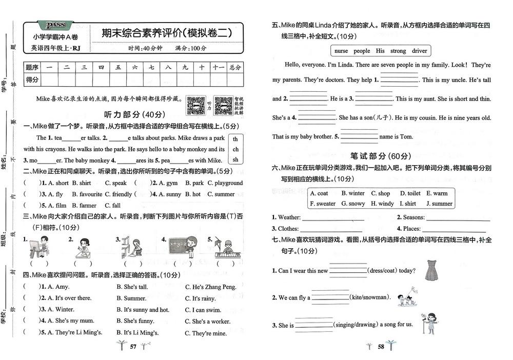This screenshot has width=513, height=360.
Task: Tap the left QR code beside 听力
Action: click(x=195, y=106)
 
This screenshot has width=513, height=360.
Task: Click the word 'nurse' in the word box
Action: click(x=341, y=51)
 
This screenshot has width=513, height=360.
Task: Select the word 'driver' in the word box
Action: click(x=419, y=51)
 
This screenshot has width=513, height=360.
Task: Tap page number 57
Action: click(x=133, y=347)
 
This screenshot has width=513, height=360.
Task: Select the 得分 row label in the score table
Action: click(x=32, y=79)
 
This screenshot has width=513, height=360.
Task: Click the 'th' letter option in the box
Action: click(x=235, y=139)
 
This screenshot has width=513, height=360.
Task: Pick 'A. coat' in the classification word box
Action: click(x=319, y=193)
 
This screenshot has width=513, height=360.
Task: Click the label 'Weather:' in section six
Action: click(x=287, y=217)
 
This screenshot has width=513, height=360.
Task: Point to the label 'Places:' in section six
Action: click(x=409, y=229)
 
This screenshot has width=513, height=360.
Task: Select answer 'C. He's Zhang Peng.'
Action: click(x=210, y=287)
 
